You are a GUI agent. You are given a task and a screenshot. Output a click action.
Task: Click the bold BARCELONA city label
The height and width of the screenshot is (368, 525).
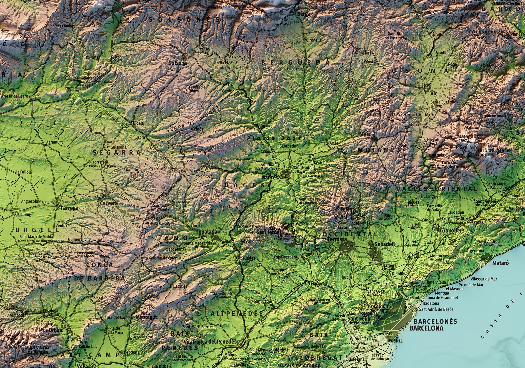(426, 328)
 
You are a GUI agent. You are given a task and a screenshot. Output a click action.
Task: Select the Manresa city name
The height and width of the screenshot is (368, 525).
(271, 177)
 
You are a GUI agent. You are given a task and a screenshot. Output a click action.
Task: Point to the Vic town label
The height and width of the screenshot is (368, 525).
(434, 94)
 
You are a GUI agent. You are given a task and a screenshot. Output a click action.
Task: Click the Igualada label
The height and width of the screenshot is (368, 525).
(207, 232)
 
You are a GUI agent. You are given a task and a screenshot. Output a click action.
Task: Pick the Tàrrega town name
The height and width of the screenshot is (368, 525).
(69, 208)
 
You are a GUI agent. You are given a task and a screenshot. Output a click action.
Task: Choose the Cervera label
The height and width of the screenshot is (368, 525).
(108, 203)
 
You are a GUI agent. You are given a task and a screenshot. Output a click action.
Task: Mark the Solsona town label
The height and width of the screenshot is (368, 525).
(178, 63)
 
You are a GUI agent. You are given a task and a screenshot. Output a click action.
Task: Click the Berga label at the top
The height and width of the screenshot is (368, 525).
(304, 14)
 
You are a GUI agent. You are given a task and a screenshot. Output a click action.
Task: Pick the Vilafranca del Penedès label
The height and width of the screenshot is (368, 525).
(211, 341)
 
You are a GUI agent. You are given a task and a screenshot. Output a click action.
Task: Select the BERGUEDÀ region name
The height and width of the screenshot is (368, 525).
(295, 62)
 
